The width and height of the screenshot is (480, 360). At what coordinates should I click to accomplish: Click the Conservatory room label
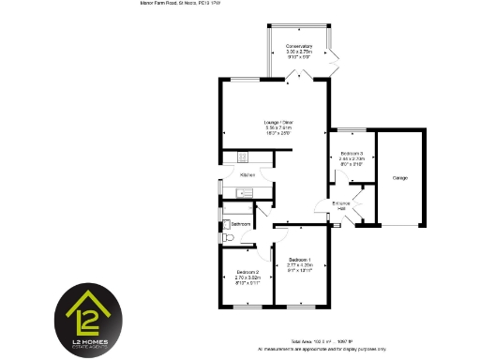pos(299,46)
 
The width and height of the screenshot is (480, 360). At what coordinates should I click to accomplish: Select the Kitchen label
pos(247,175)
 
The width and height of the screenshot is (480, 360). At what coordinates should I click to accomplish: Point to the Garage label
pos(399,177)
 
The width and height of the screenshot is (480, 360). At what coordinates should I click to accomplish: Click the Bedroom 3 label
pos(352,153)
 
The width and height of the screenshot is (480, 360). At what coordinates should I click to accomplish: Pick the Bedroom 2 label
pos(246,273)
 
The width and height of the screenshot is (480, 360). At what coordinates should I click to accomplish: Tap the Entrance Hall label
pos(342,204)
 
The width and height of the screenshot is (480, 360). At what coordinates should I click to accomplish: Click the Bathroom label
pos(241,225)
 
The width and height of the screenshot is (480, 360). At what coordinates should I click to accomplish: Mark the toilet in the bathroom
pos(228,237)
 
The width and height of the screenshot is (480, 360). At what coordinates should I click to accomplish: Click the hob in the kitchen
pos(241,156)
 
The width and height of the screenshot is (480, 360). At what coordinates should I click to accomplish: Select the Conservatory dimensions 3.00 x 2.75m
pos(299,52)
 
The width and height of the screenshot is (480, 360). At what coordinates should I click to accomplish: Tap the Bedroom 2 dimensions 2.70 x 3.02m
pos(246,278)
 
